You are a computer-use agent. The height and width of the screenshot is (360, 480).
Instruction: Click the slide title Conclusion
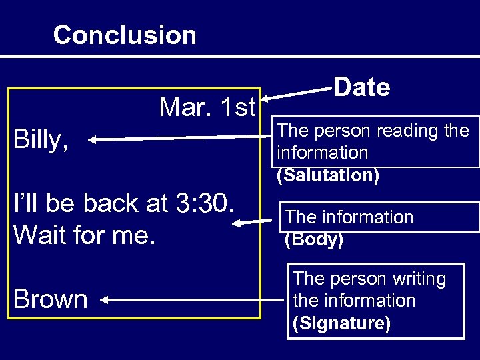point(125,35)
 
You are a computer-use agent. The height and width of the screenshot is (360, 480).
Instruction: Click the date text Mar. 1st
point(207,106)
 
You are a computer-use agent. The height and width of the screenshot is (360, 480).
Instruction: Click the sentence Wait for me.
point(83,234)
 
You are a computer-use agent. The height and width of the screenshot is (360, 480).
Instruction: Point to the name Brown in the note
point(50,299)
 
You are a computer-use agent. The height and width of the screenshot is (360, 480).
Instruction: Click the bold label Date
point(361,87)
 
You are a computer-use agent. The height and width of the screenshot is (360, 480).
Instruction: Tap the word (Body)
point(314,240)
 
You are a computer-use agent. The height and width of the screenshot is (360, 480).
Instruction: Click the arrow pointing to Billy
point(180,139)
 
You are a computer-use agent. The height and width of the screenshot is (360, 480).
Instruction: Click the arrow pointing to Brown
point(193,301)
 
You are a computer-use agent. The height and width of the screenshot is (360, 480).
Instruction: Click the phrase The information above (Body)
point(349,217)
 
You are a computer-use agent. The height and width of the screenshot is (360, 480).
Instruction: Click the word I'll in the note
point(27,203)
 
